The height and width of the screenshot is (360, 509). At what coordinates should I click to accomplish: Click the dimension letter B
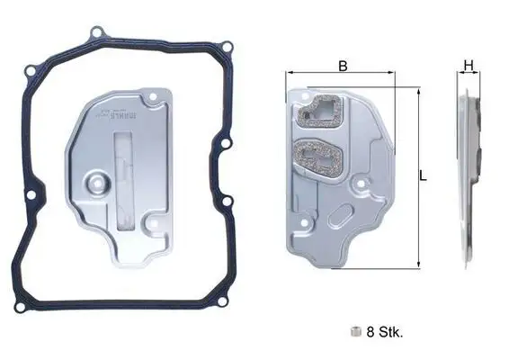[x=342, y=65]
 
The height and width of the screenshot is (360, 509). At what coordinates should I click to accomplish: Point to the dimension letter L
[x=423, y=176]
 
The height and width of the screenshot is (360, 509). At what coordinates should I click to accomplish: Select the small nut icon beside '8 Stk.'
[x=357, y=331]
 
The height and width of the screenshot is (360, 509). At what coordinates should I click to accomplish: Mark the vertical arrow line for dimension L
[x=417, y=176]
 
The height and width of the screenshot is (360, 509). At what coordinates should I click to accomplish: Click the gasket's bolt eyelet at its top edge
[x=96, y=33]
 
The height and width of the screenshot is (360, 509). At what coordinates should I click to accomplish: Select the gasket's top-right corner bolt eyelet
[x=227, y=47]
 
